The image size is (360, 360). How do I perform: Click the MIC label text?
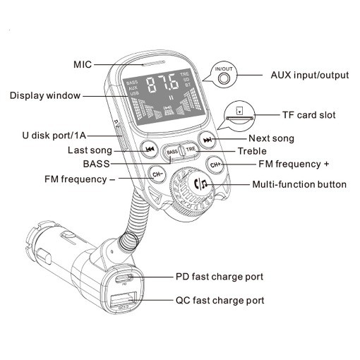[x=83, y=64]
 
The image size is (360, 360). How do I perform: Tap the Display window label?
[x=45, y=95]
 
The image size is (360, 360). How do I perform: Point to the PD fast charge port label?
[x=220, y=277]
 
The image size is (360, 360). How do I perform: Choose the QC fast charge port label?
[x=220, y=301]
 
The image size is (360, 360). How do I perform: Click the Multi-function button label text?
[x=299, y=185]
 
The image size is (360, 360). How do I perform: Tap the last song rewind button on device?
[x=149, y=150]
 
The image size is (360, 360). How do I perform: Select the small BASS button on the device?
[x=171, y=151]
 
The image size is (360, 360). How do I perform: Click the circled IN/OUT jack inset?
[x=224, y=76]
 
